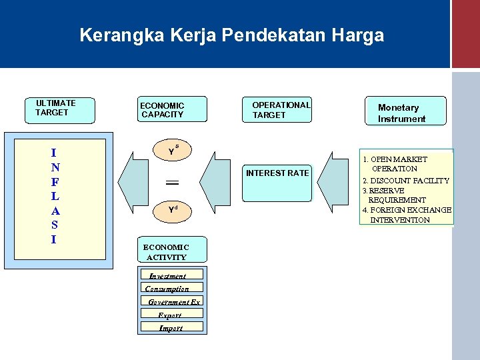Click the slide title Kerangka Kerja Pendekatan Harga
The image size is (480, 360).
(231, 35)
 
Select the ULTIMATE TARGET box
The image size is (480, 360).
(58, 109)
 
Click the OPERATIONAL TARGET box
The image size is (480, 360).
(277, 110)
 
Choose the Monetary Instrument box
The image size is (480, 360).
(405, 111)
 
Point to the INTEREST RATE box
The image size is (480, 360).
(277, 180)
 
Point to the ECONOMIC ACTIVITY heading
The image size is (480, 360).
(167, 252)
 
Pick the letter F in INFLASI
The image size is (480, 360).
(55, 182)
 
